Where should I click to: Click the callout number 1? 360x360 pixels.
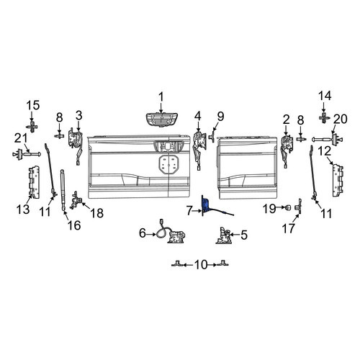click(x=161, y=97)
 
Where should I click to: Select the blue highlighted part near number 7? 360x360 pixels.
click(x=206, y=205)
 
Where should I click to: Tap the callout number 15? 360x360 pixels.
click(x=33, y=105)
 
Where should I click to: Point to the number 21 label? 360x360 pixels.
click(x=21, y=138)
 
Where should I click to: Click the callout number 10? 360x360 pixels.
click(x=201, y=265)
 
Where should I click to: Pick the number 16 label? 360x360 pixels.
click(x=74, y=225)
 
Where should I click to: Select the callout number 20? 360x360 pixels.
click(x=341, y=119)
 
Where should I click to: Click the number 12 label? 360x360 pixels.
click(x=325, y=151)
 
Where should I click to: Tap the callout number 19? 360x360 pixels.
click(x=269, y=209)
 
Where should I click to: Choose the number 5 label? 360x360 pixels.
click(x=244, y=235)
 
